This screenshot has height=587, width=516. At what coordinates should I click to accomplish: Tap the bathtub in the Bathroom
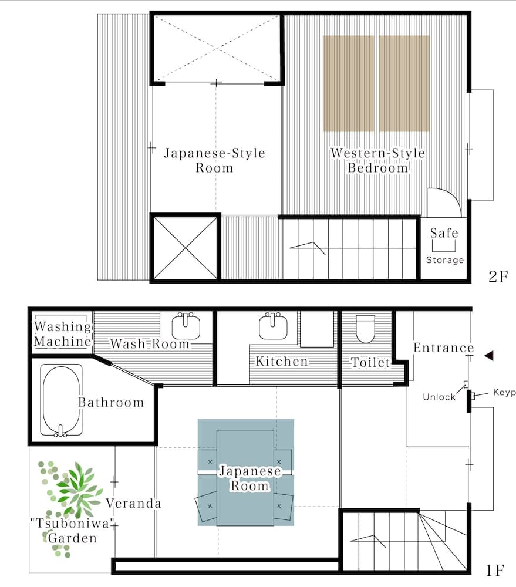[60, 401]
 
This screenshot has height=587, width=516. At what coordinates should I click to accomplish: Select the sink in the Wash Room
[187, 326]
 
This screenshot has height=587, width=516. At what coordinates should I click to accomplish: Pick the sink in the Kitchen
[272, 326]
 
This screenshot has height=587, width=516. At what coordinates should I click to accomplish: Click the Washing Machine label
[63, 334]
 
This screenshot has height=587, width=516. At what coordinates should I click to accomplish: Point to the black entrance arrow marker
[488, 355]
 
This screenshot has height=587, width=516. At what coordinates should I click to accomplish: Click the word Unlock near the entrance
[439, 397]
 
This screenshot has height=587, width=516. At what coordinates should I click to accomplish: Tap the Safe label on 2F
[444, 233]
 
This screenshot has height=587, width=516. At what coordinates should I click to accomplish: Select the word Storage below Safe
[444, 259]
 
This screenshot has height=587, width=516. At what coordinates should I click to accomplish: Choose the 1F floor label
[495, 569]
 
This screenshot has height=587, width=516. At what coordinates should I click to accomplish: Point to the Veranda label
[133, 504]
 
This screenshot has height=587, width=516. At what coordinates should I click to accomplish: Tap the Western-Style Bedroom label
[377, 160]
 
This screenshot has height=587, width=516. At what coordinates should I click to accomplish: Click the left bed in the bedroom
[348, 83]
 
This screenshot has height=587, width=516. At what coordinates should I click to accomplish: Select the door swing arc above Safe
[443, 203]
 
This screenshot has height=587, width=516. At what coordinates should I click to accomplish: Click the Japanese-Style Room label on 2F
[214, 160]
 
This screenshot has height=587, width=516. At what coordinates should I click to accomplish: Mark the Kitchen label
[281, 361]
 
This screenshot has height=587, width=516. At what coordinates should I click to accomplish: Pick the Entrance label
[443, 348]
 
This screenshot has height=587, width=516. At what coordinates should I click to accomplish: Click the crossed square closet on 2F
[186, 247]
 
